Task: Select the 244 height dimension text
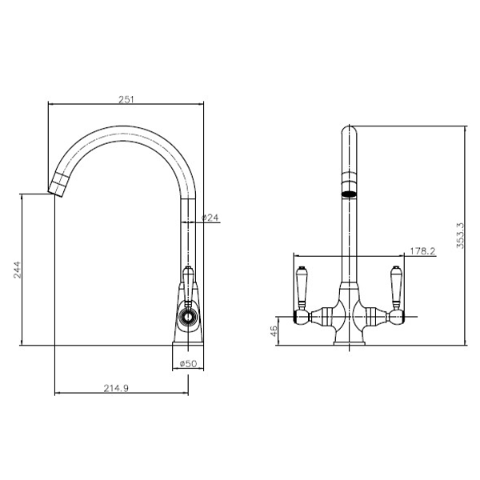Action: (x=18, y=271)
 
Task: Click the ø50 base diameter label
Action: (x=189, y=364)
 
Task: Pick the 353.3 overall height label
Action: (x=458, y=235)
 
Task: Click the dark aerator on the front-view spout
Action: (x=348, y=193)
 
